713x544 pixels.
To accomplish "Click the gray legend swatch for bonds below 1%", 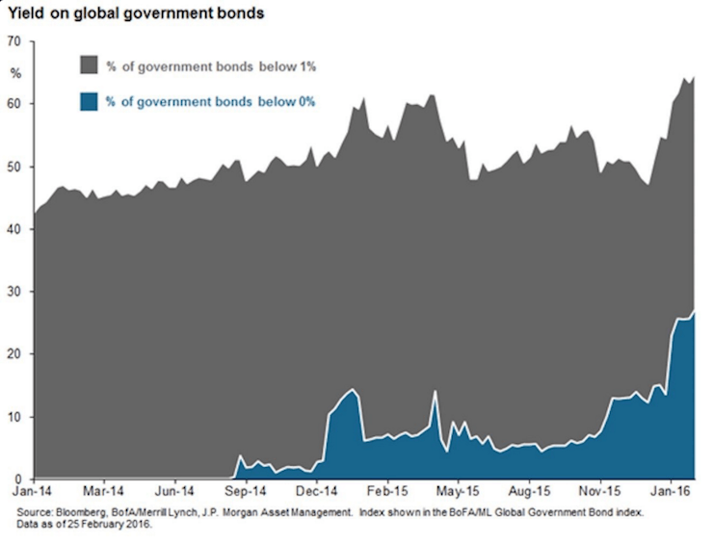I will pyautogui.click(x=88, y=65).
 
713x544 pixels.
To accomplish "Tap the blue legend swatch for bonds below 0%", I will pyautogui.click(x=88, y=101).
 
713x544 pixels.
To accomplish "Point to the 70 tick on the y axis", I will pyautogui.click(x=13, y=41).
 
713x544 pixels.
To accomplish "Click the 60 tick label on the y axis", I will pyautogui.click(x=13, y=104).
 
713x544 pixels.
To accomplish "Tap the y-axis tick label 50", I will pyautogui.click(x=13, y=167).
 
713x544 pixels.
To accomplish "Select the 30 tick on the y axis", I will pyautogui.click(x=13, y=292).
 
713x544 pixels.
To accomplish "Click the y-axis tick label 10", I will pyautogui.click(x=13, y=417).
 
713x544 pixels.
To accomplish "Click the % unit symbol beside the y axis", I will pyautogui.click(x=14, y=73).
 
